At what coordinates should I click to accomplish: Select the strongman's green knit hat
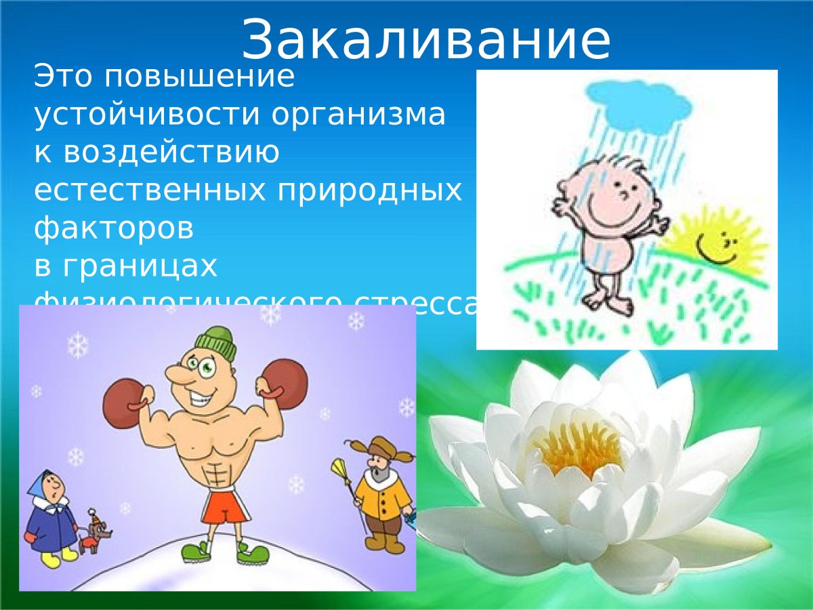point(217,342)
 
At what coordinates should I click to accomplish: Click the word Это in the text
point(64,77)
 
